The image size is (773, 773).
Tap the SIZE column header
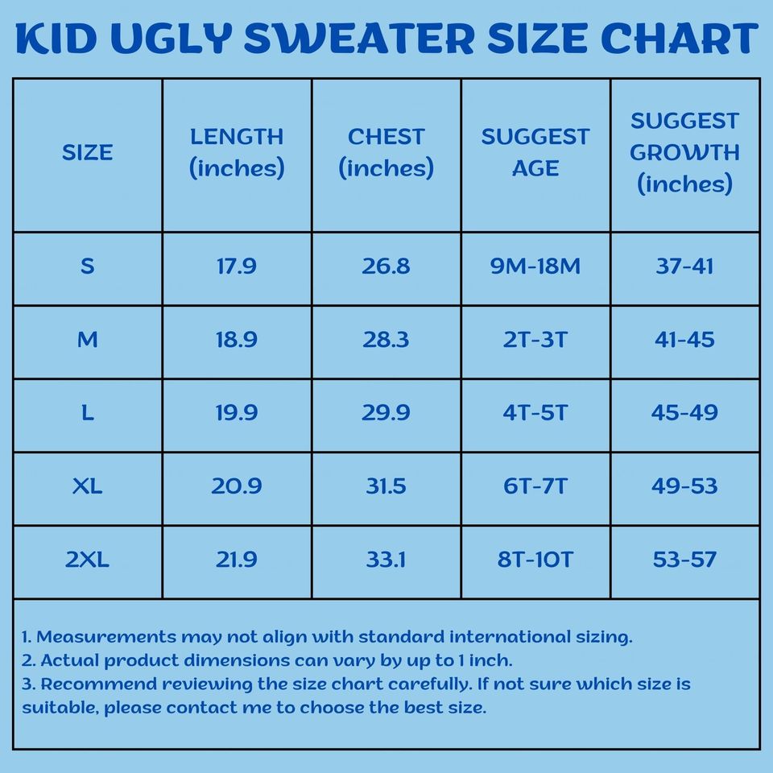pyautogui.click(x=87, y=152)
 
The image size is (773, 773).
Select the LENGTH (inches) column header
pyautogui.click(x=237, y=152)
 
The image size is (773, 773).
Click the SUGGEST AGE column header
pyautogui.click(x=535, y=152)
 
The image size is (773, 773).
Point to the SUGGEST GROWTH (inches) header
pyautogui.click(x=684, y=152)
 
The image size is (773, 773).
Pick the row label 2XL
pyautogui.click(x=87, y=560)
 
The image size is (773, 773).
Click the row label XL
pyautogui.click(x=87, y=486)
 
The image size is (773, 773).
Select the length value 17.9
pyautogui.click(x=237, y=267)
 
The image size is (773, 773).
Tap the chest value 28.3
pyautogui.click(x=386, y=340)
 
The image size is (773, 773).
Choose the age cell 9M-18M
pyautogui.click(x=535, y=267)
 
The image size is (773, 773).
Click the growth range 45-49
pyautogui.click(x=684, y=413)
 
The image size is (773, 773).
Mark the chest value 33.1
pyautogui.click(x=386, y=560)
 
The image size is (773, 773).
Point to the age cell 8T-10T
pyautogui.click(x=535, y=560)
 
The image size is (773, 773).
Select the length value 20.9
pyautogui.click(x=237, y=486)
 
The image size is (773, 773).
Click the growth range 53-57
pyautogui.click(x=684, y=560)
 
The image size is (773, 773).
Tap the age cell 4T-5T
pyautogui.click(x=535, y=413)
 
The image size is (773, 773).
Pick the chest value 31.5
pyautogui.click(x=386, y=486)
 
